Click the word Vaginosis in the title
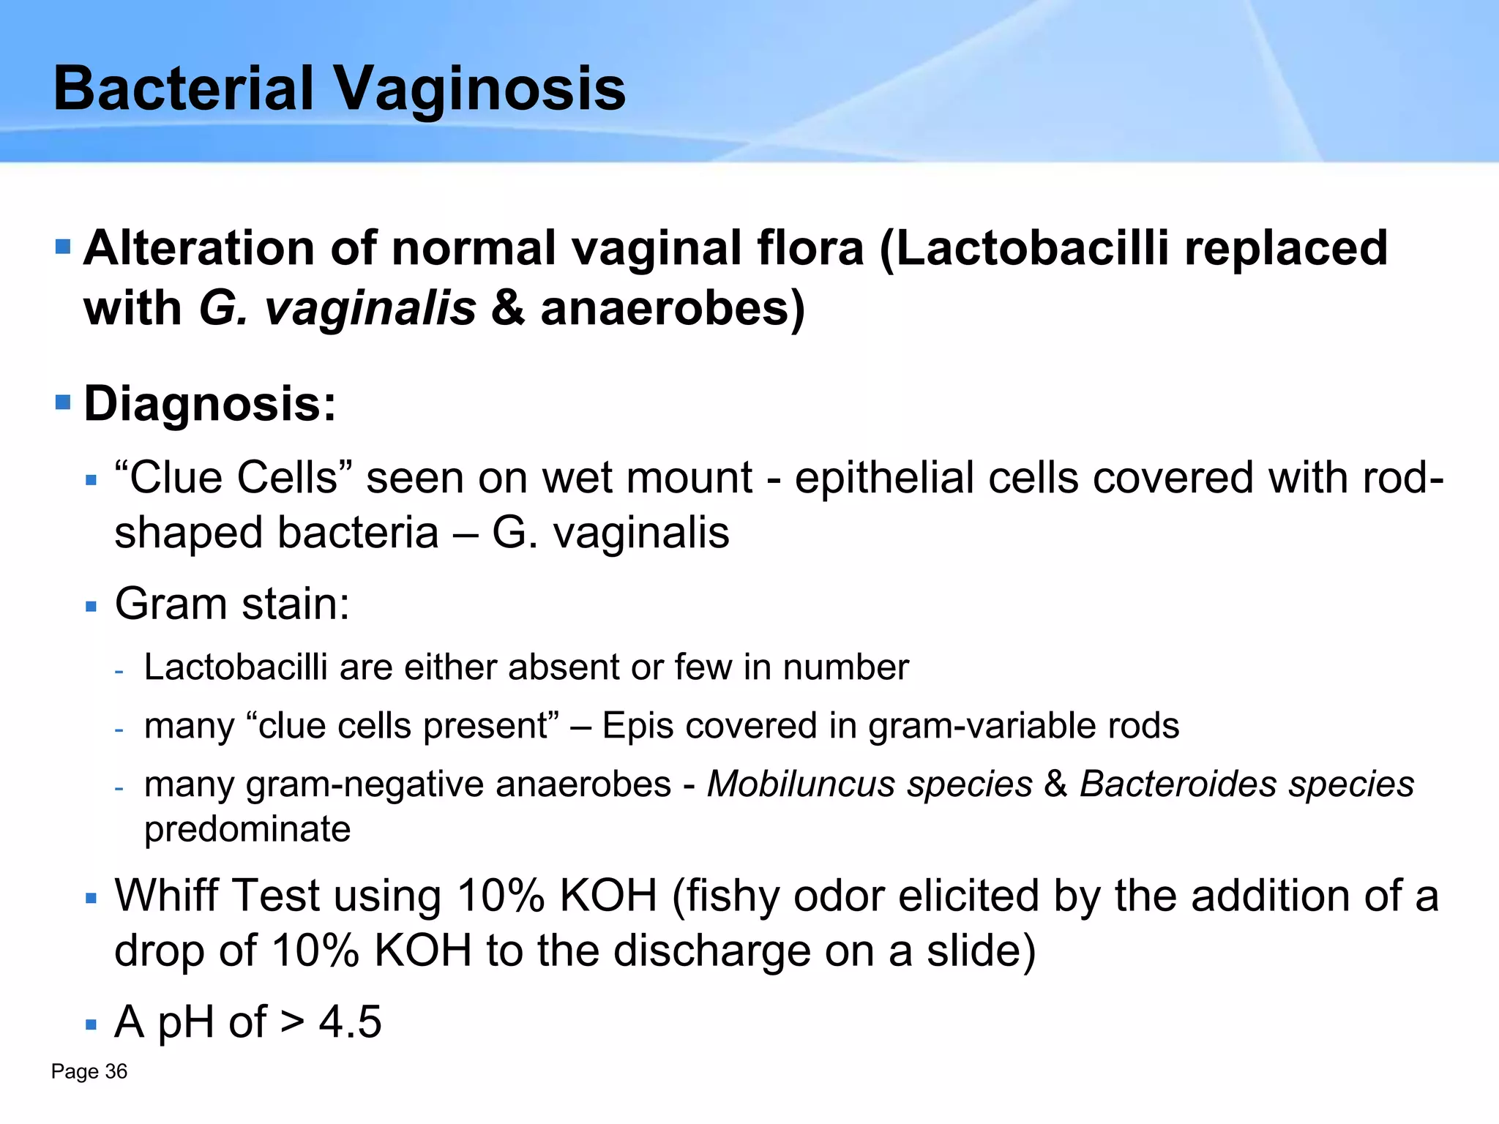[x=479, y=89]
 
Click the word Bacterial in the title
[x=184, y=89]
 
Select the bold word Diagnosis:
[x=210, y=404]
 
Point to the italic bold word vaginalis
[x=370, y=309]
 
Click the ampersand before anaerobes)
[x=508, y=309]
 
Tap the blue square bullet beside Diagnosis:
[x=63, y=402]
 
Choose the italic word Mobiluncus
[x=796, y=784]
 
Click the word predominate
[x=247, y=830]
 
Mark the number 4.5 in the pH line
[x=350, y=1022]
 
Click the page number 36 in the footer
[x=116, y=1072]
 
